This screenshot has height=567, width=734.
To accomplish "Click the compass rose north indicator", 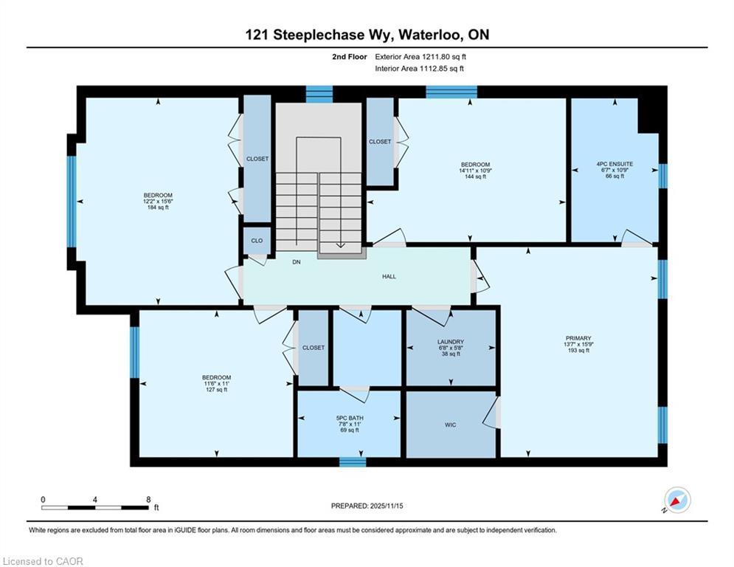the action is tap(677, 501).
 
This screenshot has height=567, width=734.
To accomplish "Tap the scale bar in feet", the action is tap(95, 507).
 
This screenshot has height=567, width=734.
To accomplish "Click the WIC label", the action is tap(450, 425).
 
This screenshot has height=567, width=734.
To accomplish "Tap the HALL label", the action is tap(389, 276).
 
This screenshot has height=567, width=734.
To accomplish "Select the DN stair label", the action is tap(297, 262).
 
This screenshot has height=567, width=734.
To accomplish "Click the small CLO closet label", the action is tap(257, 241).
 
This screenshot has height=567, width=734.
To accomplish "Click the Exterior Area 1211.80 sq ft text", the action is tap(420, 57).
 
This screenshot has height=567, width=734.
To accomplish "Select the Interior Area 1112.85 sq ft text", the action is tap(420, 69).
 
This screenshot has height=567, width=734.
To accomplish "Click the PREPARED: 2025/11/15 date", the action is tap(367, 506).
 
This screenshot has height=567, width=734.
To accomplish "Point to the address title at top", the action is tap(367, 35).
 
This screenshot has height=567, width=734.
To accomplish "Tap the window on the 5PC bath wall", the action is tap(353, 462).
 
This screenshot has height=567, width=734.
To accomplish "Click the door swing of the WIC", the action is tap(491, 413).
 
